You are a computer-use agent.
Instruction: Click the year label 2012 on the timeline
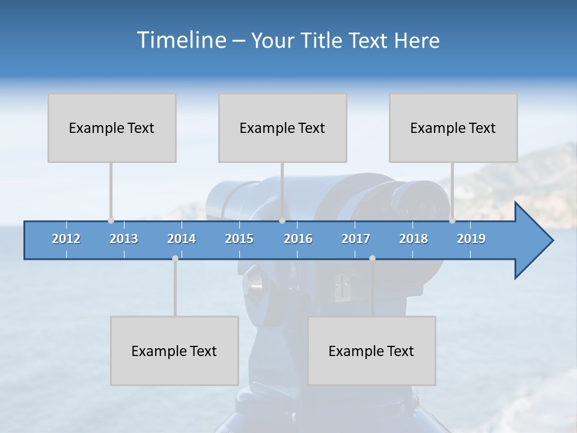tap(66, 239)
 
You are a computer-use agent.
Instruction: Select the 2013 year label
tap(124, 239)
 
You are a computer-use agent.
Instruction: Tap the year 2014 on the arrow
tap(182, 239)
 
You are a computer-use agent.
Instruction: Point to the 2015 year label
tap(239, 239)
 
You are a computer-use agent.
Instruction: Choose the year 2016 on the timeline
tap(298, 239)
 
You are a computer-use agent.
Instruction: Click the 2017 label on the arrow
tap(356, 239)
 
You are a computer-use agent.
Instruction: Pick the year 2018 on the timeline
tap(414, 239)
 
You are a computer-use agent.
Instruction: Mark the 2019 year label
tap(471, 239)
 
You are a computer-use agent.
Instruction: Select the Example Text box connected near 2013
tap(112, 127)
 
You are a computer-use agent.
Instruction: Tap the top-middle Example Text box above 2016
tap(282, 127)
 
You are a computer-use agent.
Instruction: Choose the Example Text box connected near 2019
tap(453, 127)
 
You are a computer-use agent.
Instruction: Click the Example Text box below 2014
tap(174, 351)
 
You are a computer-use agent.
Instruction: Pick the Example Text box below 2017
tap(371, 351)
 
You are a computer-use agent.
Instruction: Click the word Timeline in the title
tap(180, 40)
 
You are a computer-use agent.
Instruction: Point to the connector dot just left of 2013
tap(111, 221)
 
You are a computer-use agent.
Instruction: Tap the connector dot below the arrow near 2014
tap(175, 258)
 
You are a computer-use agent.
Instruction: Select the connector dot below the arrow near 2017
tap(372, 258)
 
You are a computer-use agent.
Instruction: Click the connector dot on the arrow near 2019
tap(452, 221)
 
